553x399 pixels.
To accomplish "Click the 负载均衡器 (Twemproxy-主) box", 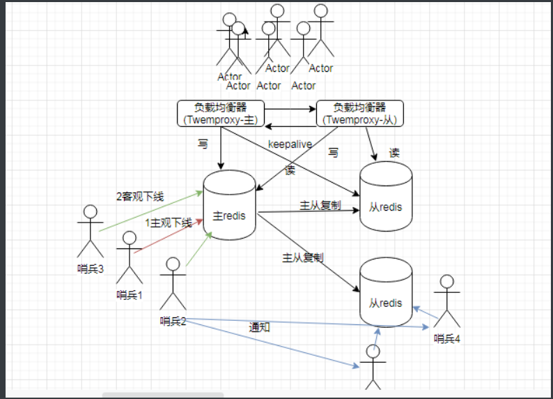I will [x=221, y=114].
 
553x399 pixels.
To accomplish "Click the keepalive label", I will [x=290, y=144].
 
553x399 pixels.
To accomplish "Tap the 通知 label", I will [x=260, y=326].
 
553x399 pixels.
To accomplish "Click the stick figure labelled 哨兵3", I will [x=91, y=231].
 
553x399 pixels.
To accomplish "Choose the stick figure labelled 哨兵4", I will [x=446, y=301].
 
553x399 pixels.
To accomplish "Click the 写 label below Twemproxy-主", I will [x=203, y=144].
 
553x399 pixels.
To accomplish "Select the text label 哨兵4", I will [x=448, y=339].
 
